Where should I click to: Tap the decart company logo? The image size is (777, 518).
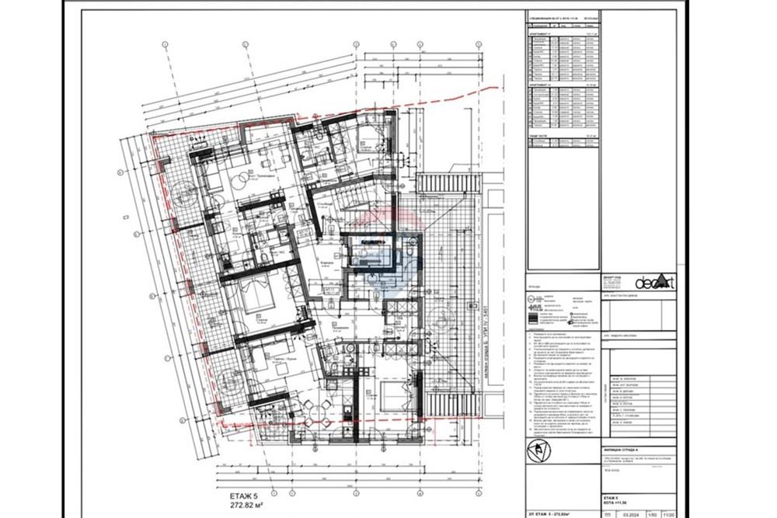[655, 283]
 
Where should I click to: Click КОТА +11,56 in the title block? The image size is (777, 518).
[618, 500]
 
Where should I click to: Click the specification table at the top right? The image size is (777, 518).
[564, 78]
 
